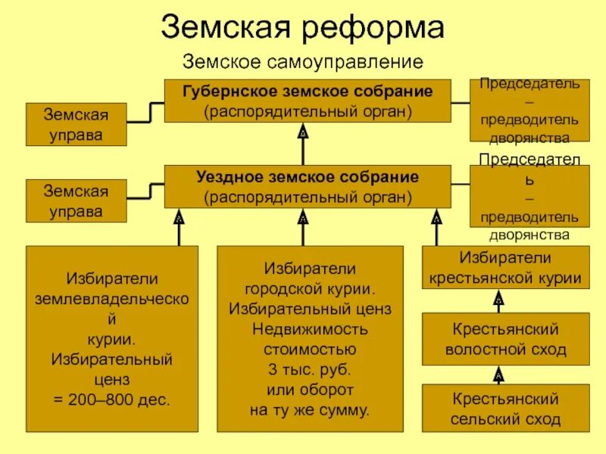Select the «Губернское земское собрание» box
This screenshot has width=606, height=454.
point(308,101)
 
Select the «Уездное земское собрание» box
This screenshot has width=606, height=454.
point(308,187)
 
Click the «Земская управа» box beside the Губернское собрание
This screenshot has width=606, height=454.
point(76,125)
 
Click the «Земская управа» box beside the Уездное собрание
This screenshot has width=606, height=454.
point(76,201)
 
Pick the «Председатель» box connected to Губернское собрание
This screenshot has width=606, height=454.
point(529,110)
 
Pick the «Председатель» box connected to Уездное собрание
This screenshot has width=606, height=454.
point(529,197)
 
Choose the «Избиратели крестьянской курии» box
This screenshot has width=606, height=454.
point(505,268)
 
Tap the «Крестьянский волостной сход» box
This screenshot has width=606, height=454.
point(505,340)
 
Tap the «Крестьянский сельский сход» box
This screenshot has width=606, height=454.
point(505,409)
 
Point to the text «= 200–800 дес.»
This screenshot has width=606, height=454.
point(112,398)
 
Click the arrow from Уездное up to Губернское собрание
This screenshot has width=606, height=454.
point(303,144)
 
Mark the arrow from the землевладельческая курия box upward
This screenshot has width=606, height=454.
point(180,226)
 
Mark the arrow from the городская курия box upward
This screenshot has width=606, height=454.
point(303,226)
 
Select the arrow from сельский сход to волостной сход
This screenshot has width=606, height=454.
point(498,375)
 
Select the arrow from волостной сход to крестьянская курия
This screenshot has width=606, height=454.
point(498,302)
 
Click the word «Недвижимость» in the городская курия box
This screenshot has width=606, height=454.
point(309,330)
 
